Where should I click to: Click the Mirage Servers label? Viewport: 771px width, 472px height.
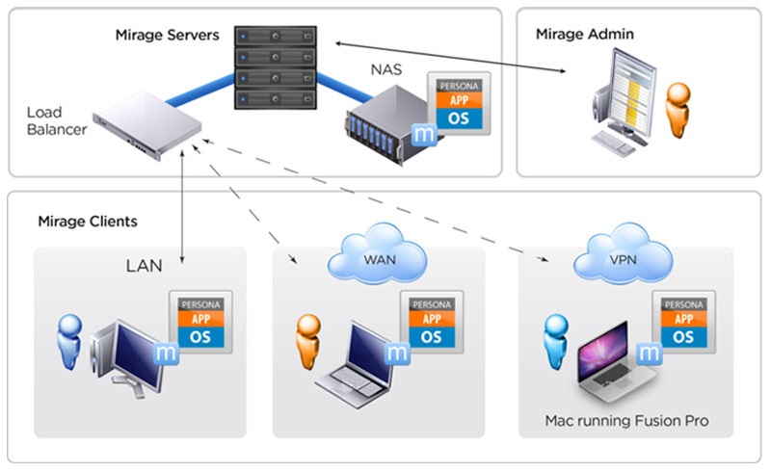coord(167,35)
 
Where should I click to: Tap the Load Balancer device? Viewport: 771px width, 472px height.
coord(147,124)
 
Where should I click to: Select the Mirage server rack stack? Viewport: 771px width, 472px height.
coord(276,67)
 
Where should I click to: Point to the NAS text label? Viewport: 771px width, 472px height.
coord(386,69)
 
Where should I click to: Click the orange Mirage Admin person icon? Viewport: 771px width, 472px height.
coord(678,110)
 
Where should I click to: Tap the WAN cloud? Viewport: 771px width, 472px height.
coord(378,254)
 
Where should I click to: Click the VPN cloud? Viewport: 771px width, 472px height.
coord(623,254)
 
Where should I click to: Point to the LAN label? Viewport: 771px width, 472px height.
coord(144,266)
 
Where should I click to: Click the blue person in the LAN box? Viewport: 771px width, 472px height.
coord(69,342)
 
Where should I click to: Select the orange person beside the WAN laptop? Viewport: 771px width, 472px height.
coord(308,342)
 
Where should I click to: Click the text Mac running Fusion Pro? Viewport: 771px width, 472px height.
coord(626,421)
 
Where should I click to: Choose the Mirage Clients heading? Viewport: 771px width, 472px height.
coord(88,222)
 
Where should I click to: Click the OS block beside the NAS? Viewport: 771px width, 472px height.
coord(459,118)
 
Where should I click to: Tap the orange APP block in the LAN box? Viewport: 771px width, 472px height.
coord(200,319)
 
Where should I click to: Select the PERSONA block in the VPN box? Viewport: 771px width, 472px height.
coord(684,304)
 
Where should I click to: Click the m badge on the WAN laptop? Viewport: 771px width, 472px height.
coord(397,353)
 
